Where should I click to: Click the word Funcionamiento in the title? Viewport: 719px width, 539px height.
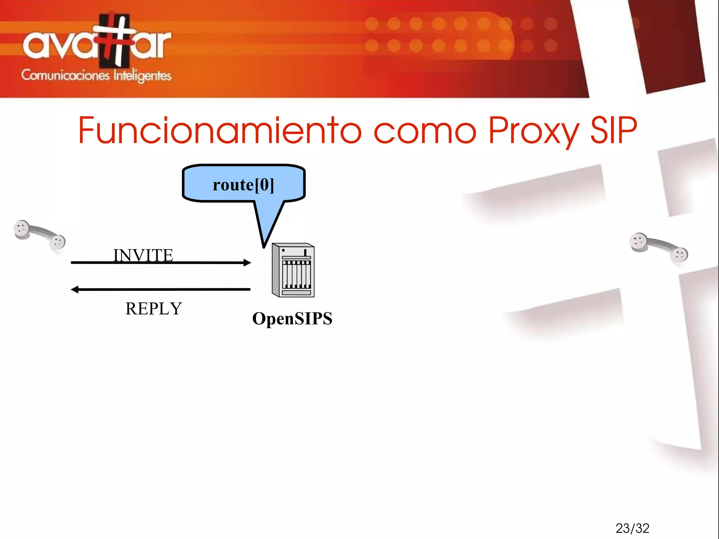[219, 131]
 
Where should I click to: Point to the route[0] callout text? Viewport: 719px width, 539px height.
[243, 185]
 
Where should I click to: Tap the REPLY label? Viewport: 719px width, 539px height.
[154, 309]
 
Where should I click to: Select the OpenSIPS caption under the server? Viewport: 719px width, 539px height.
[292, 318]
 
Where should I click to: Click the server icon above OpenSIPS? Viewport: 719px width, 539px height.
[293, 270]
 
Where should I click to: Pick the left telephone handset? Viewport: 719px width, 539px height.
[39, 235]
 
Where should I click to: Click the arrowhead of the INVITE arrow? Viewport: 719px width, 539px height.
[248, 263]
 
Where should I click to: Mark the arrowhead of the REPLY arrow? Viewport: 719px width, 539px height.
[74, 289]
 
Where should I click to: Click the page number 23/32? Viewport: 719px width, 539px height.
[632, 528]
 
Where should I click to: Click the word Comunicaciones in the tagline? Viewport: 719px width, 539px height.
[65, 75]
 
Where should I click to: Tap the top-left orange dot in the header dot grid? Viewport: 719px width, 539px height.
[372, 24]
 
